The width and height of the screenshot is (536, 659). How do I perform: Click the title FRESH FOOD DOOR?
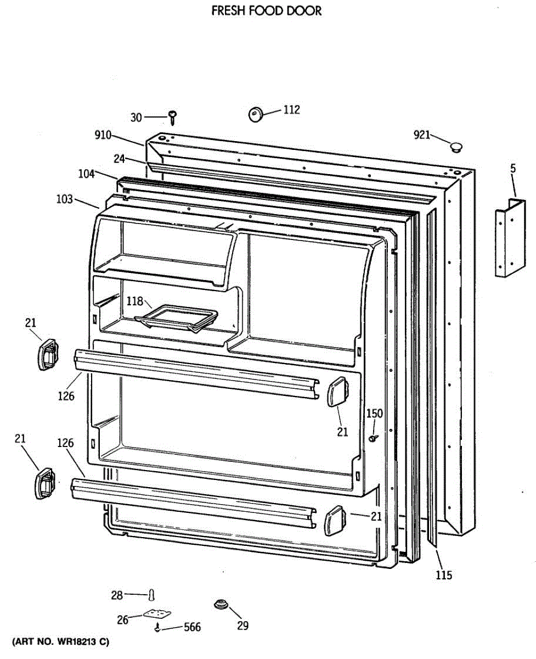point(267,11)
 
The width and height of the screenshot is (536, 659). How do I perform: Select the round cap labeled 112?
point(255,114)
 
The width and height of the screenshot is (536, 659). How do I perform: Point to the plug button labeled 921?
point(455,147)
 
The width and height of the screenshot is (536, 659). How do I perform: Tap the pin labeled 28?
point(152,595)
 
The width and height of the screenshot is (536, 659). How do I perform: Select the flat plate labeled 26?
point(157,615)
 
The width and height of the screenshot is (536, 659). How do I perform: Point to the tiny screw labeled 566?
point(159,628)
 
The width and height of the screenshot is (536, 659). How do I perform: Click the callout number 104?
point(86,174)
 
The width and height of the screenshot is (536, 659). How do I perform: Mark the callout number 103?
point(64,199)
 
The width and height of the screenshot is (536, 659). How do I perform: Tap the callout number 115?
point(444,575)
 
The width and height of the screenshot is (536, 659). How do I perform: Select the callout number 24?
point(120,159)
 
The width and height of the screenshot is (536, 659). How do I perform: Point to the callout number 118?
point(135,301)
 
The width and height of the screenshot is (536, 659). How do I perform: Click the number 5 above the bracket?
point(513,169)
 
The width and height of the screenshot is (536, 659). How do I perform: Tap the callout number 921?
point(422,135)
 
